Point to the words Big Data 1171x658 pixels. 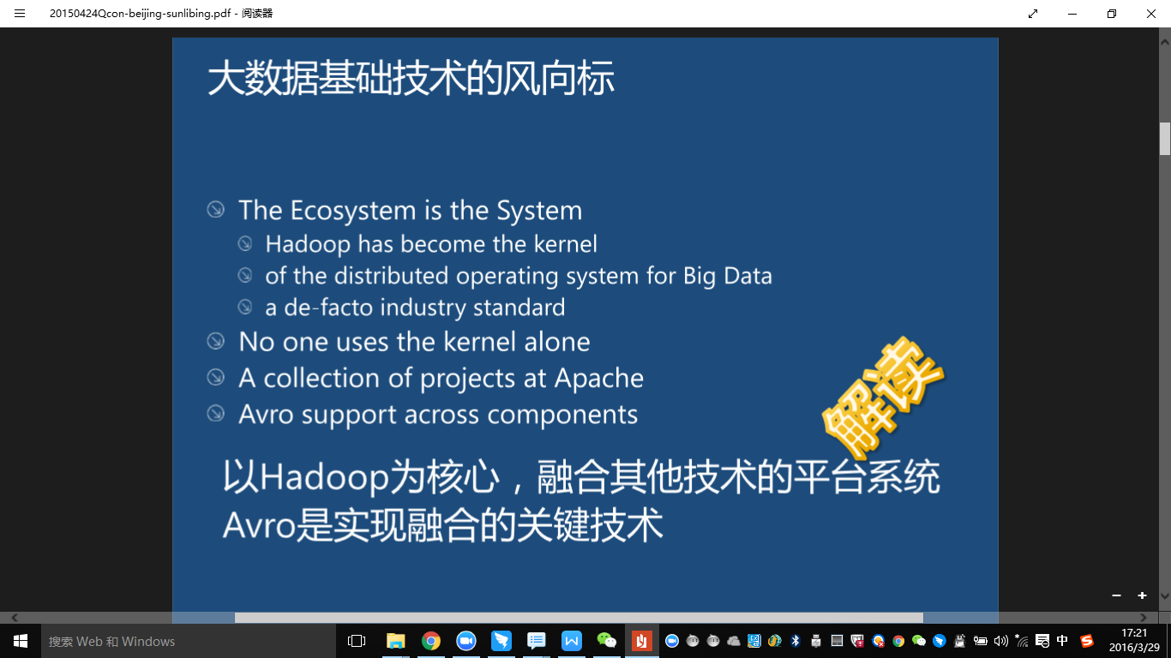coord(727,276)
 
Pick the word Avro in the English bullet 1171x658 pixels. coord(267,415)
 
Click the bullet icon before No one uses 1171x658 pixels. coord(216,342)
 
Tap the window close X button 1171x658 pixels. coord(1151,14)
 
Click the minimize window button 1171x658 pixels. coord(1072,14)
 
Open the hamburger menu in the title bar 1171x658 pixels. coord(20,14)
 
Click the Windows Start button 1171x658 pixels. coord(20,641)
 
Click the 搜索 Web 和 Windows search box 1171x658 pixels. coord(171,641)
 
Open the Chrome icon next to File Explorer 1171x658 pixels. coord(431,641)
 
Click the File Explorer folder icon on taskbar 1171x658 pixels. coord(395,641)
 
